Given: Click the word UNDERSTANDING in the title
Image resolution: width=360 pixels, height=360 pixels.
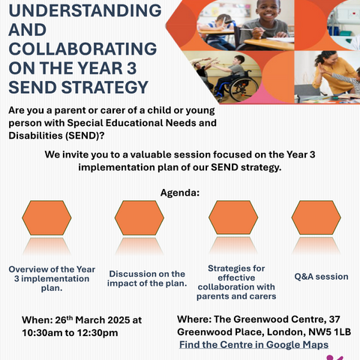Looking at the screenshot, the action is point(85,10).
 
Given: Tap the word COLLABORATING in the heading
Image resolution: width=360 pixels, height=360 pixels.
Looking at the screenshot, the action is point(82,49).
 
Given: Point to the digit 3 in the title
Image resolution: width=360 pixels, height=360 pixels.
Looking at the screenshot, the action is point(131,68).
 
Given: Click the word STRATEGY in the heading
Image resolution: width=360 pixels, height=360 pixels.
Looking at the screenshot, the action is point(105,87).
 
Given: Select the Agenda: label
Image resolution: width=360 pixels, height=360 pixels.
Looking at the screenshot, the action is point(180,193).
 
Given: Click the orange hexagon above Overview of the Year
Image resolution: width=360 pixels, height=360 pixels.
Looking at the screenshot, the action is point(46,217).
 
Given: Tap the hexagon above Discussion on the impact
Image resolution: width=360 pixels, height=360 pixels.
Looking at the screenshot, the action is point(139,217).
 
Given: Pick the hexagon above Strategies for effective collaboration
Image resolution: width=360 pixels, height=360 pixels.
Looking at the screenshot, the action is point(233,217).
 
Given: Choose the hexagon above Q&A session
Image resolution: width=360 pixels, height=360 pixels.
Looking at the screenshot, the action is point(316,217).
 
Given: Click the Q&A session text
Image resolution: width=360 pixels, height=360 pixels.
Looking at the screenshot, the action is point(321,277).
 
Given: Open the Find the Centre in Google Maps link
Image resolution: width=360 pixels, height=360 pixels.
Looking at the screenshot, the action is point(253,345).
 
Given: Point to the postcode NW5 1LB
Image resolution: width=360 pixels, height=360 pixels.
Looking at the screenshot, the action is point(330,332).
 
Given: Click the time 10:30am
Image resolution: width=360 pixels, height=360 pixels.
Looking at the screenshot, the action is point(38,333).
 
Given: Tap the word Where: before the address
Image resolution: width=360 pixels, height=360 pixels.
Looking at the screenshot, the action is point(194,319).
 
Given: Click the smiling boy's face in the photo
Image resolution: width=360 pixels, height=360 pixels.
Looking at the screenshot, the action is point(268,10).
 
